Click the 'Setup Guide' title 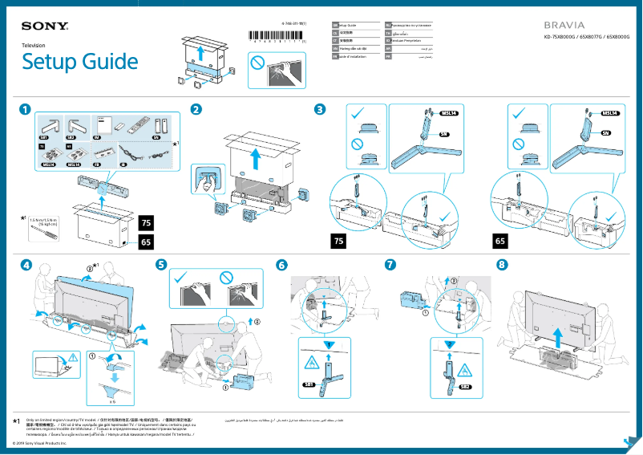[79, 62]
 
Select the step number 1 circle [26, 109]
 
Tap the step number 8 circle [501, 264]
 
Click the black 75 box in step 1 [145, 221]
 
